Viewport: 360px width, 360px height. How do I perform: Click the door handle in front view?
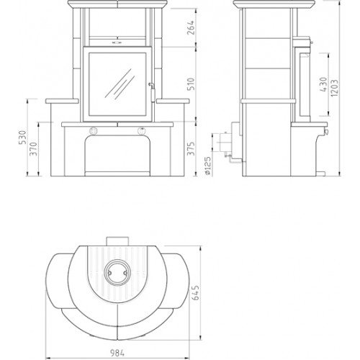pos(150,86)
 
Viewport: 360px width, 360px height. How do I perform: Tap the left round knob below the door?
pos(93,130)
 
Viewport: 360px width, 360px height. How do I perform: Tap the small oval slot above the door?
pos(117,42)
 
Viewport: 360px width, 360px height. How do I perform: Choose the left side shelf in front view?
pos(62,102)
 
